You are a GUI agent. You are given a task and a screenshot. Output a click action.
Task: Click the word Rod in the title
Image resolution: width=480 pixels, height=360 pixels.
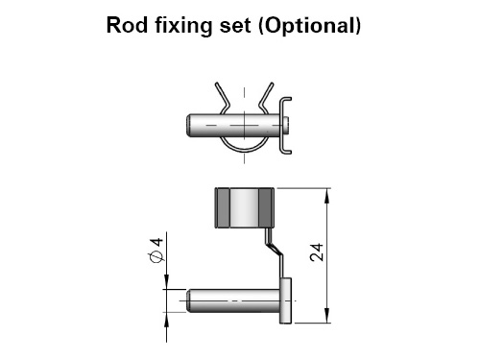(x=127, y=25)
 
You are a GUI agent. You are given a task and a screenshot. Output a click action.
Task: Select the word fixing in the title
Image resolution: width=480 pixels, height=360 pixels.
(x=183, y=26)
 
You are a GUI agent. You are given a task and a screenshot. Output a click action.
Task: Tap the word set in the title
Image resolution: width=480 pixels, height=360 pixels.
(x=235, y=26)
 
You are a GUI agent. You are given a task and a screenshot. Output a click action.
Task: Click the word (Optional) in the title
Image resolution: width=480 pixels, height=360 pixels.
(x=309, y=26)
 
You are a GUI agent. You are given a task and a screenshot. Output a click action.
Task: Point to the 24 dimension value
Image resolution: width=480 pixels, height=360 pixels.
(x=317, y=252)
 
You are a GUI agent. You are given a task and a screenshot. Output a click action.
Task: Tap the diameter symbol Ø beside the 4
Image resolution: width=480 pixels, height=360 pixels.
(x=156, y=257)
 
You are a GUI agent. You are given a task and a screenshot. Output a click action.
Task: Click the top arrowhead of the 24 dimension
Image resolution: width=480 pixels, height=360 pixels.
(x=326, y=196)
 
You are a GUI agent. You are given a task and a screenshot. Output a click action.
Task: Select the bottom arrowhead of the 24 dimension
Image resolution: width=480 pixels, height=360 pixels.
(x=326, y=316)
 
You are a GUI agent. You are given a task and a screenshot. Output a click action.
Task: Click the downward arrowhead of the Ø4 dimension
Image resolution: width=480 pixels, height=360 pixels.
(x=166, y=282)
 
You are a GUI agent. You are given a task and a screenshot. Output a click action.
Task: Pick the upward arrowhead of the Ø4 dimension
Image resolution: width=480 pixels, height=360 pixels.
(x=166, y=320)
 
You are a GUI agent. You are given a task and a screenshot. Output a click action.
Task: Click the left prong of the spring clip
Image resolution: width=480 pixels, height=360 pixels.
(x=222, y=95)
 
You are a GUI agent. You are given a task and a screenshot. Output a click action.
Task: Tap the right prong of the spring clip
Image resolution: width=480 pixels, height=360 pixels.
(x=266, y=95)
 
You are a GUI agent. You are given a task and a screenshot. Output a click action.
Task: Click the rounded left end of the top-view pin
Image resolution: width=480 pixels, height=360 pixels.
(x=189, y=126)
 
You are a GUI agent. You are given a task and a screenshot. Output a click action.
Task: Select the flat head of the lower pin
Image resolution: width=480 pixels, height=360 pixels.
(x=285, y=300)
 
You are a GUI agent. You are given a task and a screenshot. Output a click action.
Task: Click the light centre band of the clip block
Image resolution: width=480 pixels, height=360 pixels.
(x=244, y=208)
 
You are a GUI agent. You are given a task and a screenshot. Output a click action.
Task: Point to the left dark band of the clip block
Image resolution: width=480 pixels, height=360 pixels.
(x=223, y=208)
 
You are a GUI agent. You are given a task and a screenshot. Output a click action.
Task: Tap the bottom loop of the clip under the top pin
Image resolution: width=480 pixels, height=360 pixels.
(x=244, y=148)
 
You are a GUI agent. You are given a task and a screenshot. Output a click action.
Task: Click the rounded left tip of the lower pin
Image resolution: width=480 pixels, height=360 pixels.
(x=189, y=300)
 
